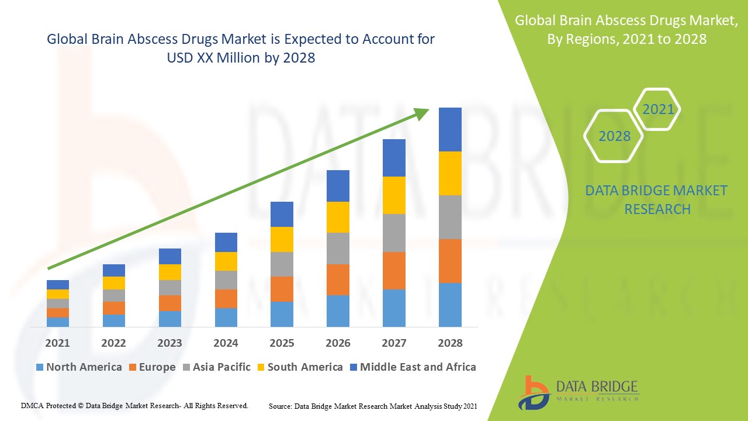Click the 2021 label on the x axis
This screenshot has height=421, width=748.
57,343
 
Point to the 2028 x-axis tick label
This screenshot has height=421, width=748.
450,343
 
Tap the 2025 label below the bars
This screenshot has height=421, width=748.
282,343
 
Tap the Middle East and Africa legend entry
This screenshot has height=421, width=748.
412,367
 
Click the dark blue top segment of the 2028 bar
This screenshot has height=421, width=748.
450,129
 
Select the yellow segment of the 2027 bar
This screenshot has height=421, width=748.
394,195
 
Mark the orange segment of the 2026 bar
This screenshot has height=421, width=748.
338,279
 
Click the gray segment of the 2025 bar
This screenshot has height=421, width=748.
282,264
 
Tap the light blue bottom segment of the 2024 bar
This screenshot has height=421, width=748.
226,317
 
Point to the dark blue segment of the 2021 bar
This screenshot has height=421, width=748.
58,285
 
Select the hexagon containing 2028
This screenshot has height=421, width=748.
614,136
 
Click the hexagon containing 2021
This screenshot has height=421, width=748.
657,109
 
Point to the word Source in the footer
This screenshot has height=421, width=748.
280,406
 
